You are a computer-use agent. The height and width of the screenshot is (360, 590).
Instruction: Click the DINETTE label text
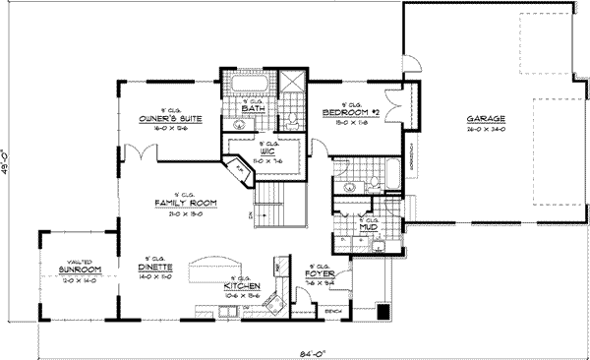[156, 268]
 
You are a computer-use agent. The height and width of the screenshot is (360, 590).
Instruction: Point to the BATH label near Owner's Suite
[253, 106]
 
